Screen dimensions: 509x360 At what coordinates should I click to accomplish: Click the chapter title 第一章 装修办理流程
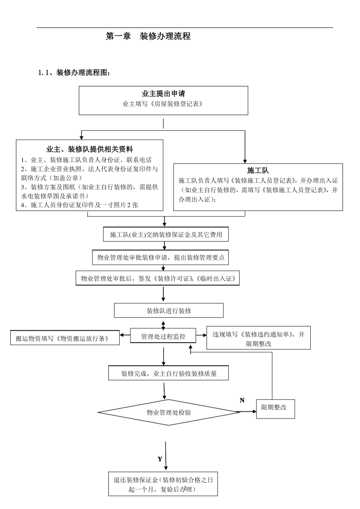[148, 36]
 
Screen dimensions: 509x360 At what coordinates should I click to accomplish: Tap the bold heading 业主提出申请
[163, 94]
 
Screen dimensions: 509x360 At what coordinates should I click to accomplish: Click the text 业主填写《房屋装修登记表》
[163, 104]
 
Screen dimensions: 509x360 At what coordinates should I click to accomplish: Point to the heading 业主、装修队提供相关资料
[89, 149]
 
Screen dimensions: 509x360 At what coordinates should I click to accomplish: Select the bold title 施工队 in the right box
[258, 170]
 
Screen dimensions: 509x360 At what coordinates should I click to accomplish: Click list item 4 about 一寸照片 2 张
[80, 205]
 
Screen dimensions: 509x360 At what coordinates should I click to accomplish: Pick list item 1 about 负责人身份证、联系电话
[86, 160]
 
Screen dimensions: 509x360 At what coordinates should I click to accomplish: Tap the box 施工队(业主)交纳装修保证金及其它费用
[166, 235]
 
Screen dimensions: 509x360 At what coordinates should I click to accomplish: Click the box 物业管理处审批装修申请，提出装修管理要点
[161, 258]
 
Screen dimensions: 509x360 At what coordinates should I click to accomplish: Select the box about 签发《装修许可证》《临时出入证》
[158, 279]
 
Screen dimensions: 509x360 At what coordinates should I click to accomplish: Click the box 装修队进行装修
[169, 311]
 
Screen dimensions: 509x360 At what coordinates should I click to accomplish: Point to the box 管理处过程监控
[163, 336]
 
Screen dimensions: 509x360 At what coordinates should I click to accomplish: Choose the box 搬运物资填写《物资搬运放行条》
[65, 339]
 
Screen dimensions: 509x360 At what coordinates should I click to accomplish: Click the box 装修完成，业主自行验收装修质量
[169, 374]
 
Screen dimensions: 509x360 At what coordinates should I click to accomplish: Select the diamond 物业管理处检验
[169, 412]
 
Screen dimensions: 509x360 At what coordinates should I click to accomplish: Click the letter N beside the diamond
[242, 400]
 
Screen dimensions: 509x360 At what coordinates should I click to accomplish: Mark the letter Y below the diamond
[160, 459]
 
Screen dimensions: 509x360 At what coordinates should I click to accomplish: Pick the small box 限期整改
[275, 408]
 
